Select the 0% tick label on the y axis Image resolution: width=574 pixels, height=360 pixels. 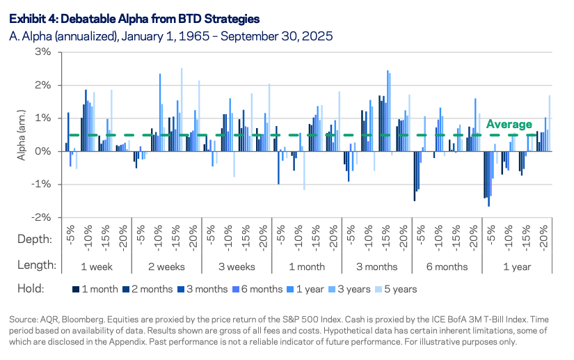click(x=43, y=151)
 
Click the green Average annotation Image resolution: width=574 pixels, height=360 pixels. click(x=509, y=125)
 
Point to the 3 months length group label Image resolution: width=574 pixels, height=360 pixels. click(x=376, y=265)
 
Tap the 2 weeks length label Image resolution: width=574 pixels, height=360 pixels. click(x=166, y=265)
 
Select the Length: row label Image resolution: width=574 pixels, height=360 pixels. click(x=35, y=265)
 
